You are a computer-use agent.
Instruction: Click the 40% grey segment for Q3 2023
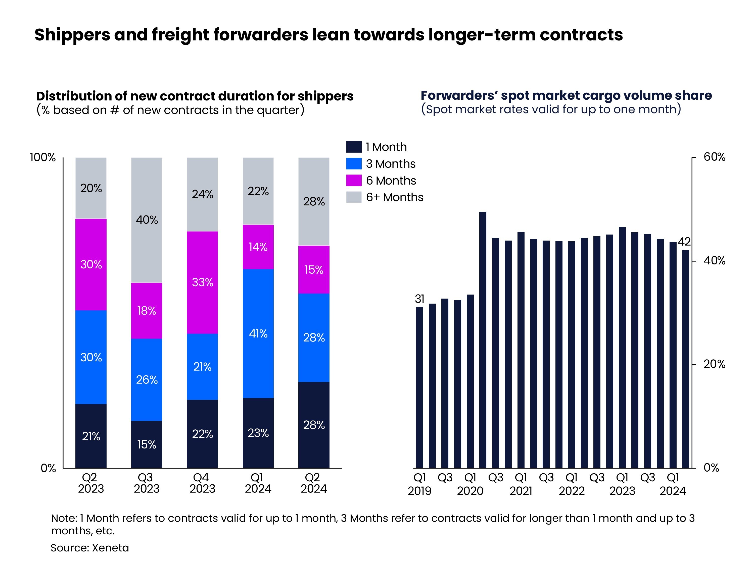point(147,220)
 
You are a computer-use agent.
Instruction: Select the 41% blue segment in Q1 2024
point(258,333)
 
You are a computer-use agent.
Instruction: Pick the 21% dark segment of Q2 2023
point(91,436)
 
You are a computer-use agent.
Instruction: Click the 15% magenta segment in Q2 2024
point(314,270)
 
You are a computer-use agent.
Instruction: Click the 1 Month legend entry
point(386,147)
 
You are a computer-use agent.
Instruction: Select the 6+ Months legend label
point(394,197)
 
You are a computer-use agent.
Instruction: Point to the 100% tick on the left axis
point(43,157)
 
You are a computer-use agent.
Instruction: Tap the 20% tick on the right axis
point(714,364)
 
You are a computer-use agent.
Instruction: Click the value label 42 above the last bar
point(684,242)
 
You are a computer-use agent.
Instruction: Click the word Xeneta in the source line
point(110,548)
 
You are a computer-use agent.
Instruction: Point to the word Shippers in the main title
point(72,35)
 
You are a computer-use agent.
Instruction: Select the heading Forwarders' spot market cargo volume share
point(566,95)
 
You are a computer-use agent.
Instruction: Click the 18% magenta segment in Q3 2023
point(147,311)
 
